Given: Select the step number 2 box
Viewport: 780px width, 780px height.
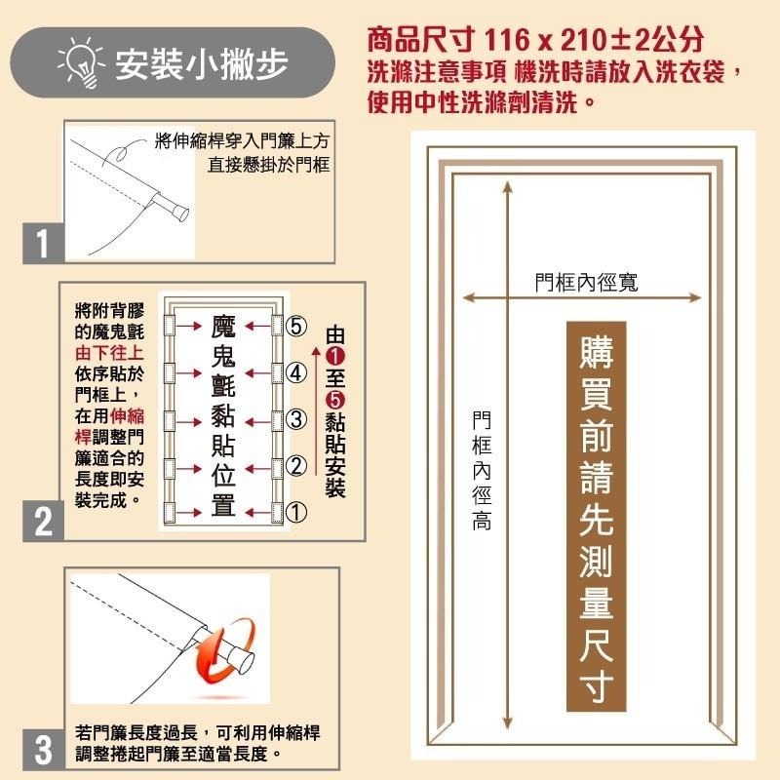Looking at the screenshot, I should pos(43,521).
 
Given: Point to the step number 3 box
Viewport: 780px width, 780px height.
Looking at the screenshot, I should pos(43,751).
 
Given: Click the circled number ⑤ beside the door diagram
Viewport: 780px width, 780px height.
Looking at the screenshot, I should pos(296,326).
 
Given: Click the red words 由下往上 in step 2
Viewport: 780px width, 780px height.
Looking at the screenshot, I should pos(108,354).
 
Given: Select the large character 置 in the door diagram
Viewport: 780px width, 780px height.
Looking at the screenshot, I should pos(222,507).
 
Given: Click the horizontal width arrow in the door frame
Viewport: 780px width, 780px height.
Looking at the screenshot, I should pos(584,298).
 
